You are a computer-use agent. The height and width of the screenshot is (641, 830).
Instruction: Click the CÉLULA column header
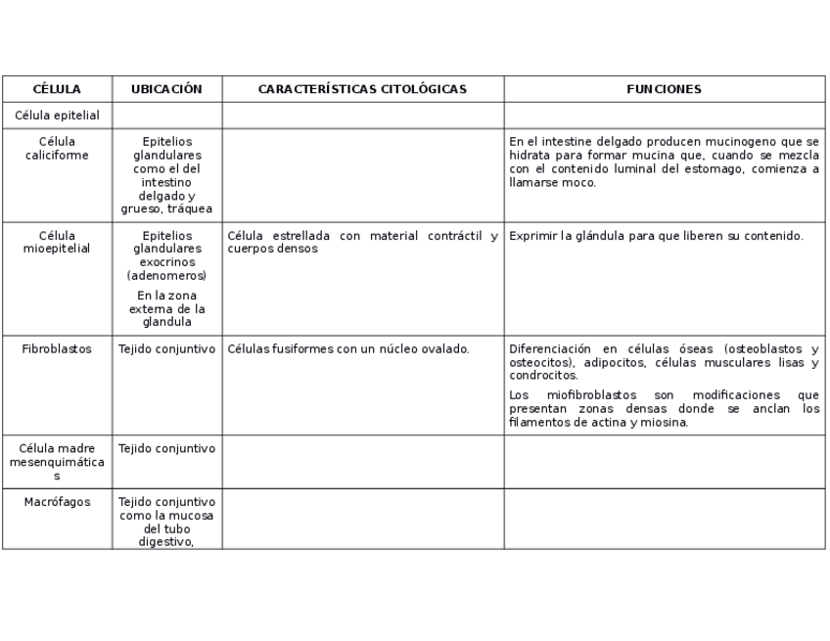click(57, 89)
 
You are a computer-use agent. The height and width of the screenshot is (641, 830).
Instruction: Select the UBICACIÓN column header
click(166, 89)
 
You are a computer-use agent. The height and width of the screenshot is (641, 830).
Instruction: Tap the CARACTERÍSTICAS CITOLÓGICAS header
click(362, 89)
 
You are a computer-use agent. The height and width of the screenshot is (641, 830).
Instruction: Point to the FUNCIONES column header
click(664, 89)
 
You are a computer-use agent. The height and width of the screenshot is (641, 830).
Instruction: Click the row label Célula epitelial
click(57, 115)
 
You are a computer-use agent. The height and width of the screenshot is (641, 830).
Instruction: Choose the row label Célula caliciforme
click(57, 148)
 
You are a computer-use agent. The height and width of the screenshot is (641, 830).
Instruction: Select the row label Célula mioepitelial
click(57, 242)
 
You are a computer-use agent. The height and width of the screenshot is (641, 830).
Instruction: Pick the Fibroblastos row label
click(57, 349)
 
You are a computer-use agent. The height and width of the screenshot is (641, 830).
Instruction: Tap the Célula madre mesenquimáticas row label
click(57, 462)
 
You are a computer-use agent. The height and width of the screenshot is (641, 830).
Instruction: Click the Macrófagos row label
click(57, 502)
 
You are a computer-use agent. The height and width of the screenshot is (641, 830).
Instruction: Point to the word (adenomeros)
click(166, 276)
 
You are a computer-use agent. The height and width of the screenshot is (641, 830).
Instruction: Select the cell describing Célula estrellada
click(362, 242)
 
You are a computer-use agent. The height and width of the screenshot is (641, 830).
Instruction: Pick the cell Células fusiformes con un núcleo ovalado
click(348, 349)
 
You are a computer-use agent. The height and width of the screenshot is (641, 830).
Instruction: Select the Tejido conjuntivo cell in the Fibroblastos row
click(166, 349)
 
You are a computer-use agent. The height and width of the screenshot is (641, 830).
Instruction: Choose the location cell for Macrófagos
click(166, 522)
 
